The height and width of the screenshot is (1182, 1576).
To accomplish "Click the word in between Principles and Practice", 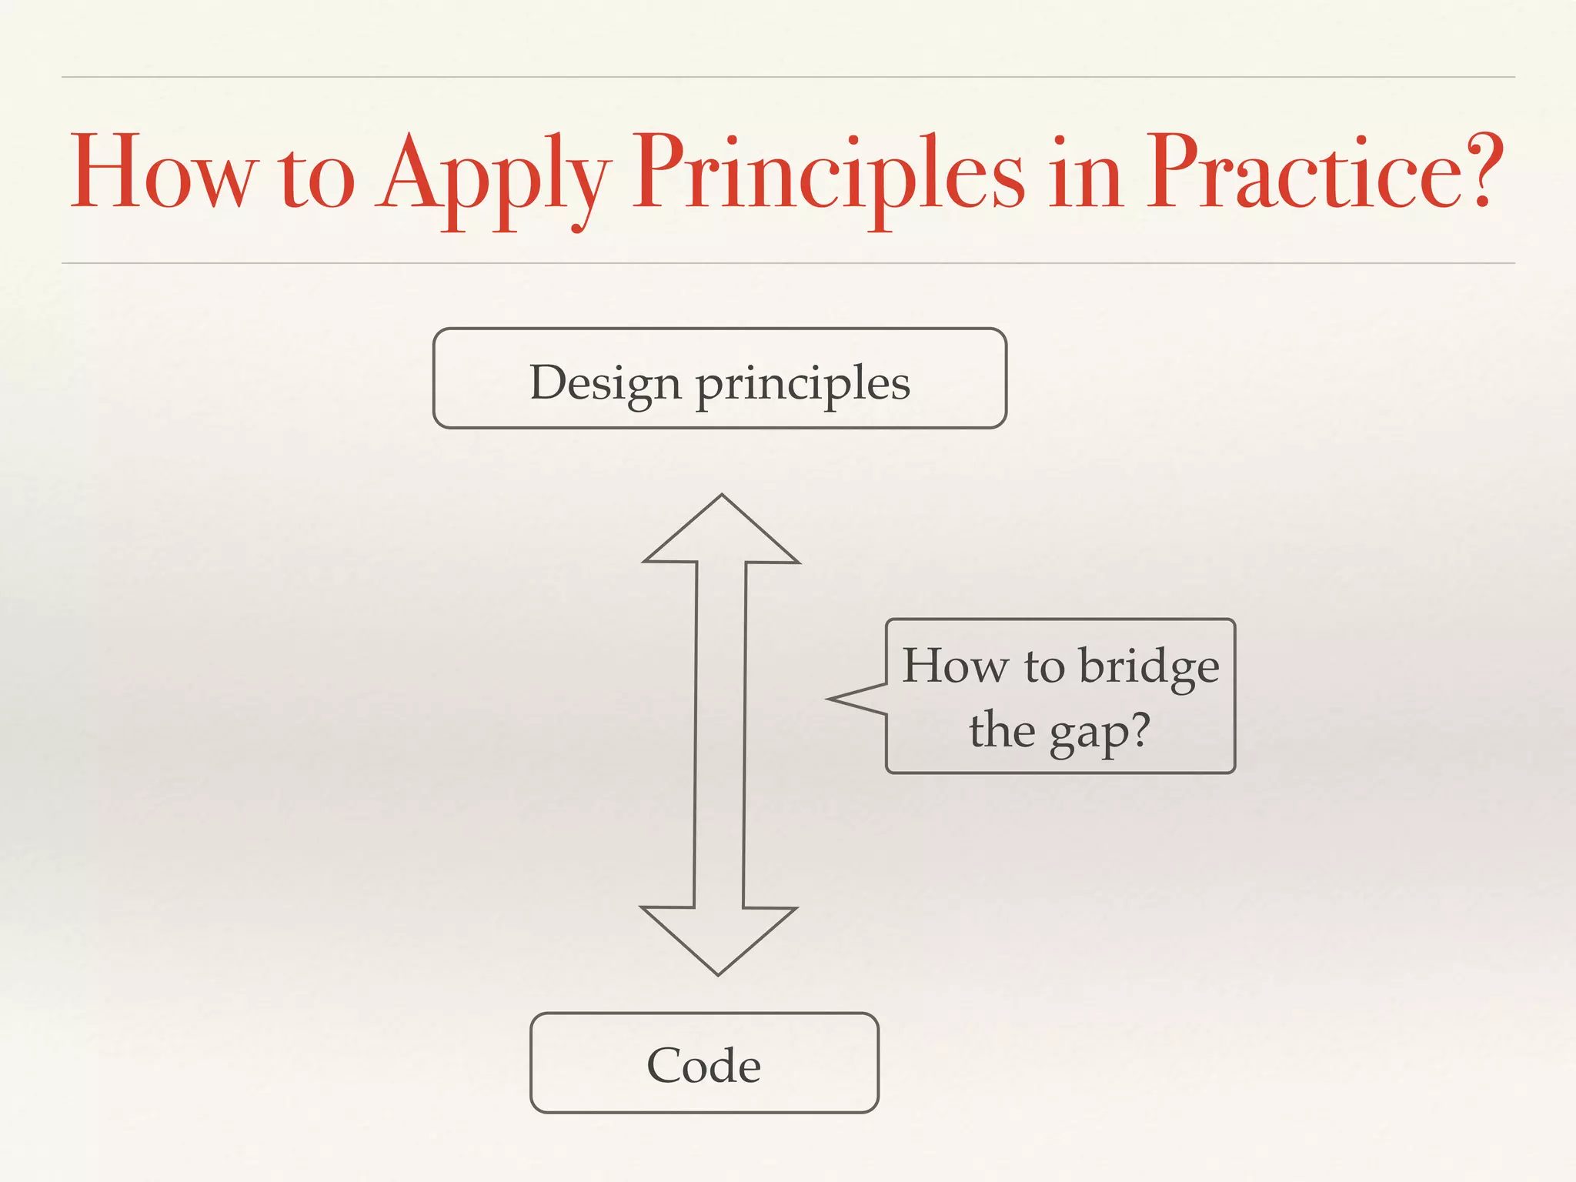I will click(1086, 173).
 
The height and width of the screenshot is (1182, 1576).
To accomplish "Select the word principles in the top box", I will click(803, 385).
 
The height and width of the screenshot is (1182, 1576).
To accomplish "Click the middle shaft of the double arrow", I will click(720, 735).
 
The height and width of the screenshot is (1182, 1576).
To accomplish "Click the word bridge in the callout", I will click(1149, 665).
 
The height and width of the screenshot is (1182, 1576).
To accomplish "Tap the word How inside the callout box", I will click(955, 665).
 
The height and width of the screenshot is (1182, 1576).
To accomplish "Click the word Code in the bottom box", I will click(704, 1065).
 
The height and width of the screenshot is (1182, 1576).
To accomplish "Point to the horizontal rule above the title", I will click(788, 77).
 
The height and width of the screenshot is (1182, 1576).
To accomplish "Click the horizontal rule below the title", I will click(788, 263).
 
